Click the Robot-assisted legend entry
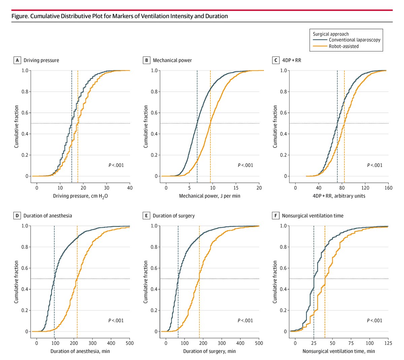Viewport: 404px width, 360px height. (x=343, y=46)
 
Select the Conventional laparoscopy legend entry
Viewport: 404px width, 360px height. (x=354, y=40)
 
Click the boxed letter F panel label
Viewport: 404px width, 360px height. (x=276, y=216)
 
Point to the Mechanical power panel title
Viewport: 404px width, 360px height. (x=172, y=60)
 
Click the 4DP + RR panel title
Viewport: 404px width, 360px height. (x=292, y=60)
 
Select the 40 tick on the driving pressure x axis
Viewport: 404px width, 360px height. (x=130, y=188)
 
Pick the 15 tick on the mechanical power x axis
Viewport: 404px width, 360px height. (x=236, y=188)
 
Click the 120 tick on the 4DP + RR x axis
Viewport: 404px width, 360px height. (x=365, y=188)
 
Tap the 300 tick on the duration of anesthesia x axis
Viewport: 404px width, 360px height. (x=93, y=343)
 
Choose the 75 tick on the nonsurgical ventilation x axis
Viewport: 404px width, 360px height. (x=351, y=343)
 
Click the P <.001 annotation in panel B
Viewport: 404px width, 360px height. (x=245, y=165)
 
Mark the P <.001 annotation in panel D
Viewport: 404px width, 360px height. (x=116, y=320)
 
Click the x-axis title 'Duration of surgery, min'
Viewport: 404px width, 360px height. (x=209, y=351)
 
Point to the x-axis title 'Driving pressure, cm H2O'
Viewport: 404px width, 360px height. (x=80, y=196)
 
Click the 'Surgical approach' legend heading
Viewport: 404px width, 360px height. (x=331, y=34)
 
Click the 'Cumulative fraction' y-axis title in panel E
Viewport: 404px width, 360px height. (x=146, y=282)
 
